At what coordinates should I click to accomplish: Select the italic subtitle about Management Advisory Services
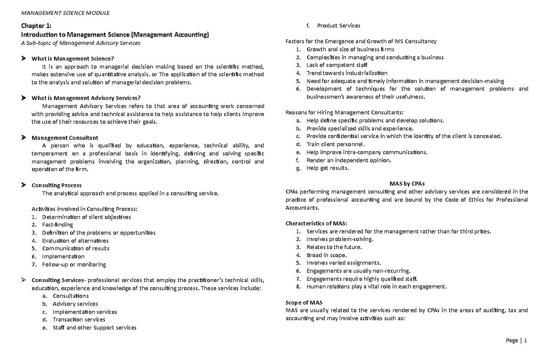point(81,43)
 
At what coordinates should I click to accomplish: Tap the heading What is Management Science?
point(72,59)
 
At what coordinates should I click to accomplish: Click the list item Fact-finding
point(57,225)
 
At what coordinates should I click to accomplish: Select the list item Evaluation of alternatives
point(75,241)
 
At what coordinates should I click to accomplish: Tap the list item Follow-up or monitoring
point(74,265)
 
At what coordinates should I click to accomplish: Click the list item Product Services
point(339,26)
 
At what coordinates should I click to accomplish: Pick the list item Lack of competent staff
point(337,65)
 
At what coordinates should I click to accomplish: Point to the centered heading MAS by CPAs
point(407,183)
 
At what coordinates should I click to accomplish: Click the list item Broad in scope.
point(326,255)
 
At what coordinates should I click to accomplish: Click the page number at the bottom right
point(517,340)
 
